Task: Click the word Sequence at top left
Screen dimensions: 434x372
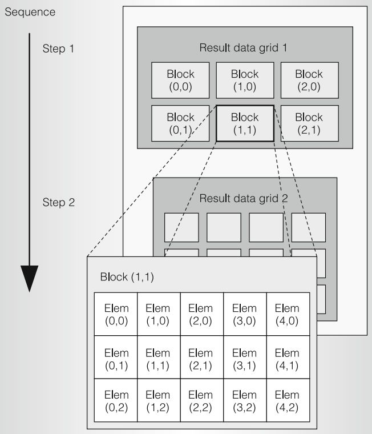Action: click(x=30, y=12)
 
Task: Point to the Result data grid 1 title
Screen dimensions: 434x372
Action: click(x=242, y=47)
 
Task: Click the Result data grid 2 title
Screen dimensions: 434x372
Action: click(x=244, y=199)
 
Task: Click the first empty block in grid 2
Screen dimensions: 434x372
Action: click(x=181, y=227)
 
